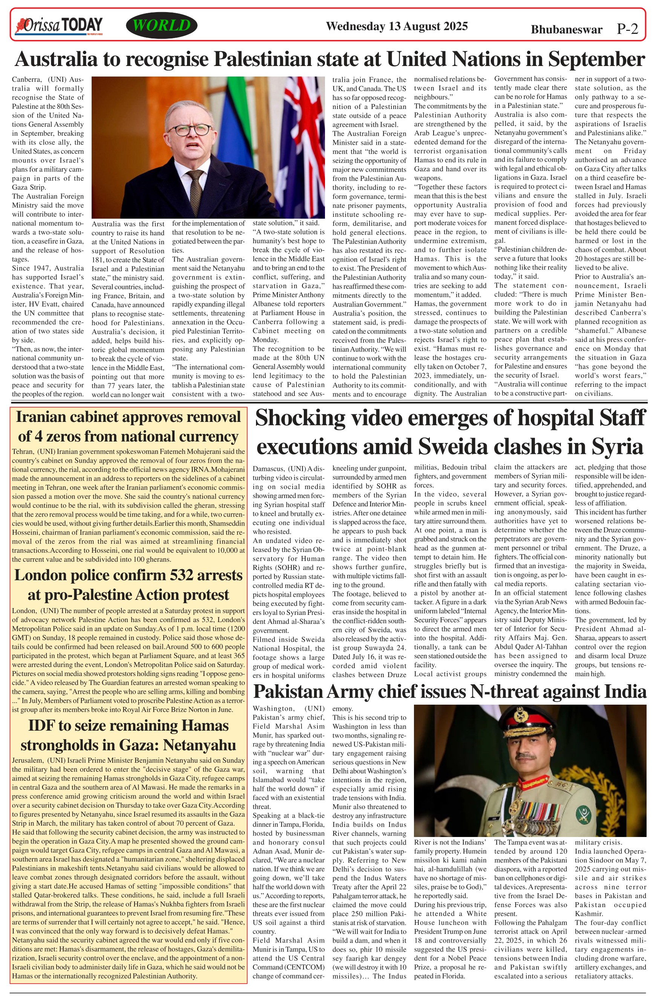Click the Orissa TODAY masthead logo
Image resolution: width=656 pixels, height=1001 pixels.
[x=59, y=26]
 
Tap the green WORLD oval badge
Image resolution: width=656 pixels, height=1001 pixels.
[x=161, y=26]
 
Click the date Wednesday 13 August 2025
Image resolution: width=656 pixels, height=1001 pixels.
[x=397, y=26]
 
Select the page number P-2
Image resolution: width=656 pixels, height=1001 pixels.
[x=627, y=29]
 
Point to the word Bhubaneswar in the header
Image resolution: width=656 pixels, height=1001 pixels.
[x=566, y=29]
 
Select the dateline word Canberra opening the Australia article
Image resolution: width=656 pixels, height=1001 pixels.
[x=26, y=80]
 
